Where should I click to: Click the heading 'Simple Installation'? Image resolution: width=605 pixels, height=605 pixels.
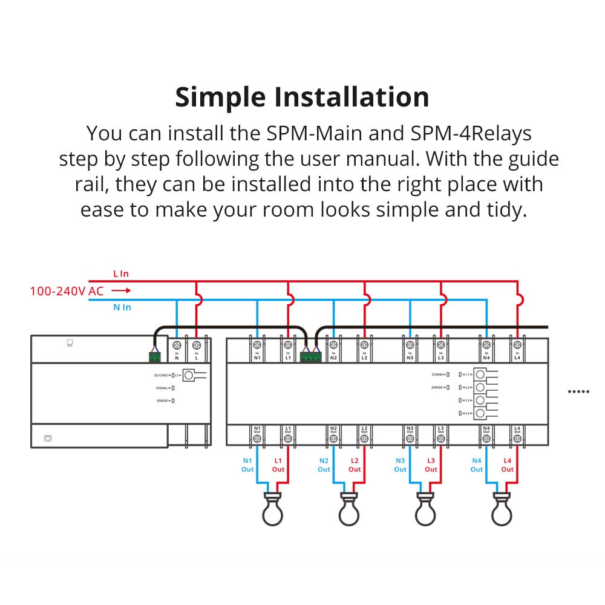302,97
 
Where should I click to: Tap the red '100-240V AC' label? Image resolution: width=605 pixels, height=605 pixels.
67,291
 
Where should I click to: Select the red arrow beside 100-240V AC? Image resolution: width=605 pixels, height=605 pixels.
120,291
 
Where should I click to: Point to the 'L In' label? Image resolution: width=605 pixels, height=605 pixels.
121,274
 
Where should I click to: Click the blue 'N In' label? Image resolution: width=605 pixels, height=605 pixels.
122,307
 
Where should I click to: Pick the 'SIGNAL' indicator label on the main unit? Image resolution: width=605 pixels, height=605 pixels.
162,388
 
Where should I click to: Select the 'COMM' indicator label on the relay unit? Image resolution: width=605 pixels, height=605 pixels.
437,374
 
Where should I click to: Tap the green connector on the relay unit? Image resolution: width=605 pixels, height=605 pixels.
312,358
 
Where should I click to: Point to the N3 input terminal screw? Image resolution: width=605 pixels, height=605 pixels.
410,345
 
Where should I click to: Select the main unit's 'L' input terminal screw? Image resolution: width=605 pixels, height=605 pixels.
197,345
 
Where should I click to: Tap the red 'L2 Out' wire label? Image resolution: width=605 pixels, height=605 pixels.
355,465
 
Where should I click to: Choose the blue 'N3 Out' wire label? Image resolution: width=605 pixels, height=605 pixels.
401,465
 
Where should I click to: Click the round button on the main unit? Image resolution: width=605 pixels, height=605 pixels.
189,376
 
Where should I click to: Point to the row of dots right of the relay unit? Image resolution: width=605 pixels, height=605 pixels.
578,391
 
